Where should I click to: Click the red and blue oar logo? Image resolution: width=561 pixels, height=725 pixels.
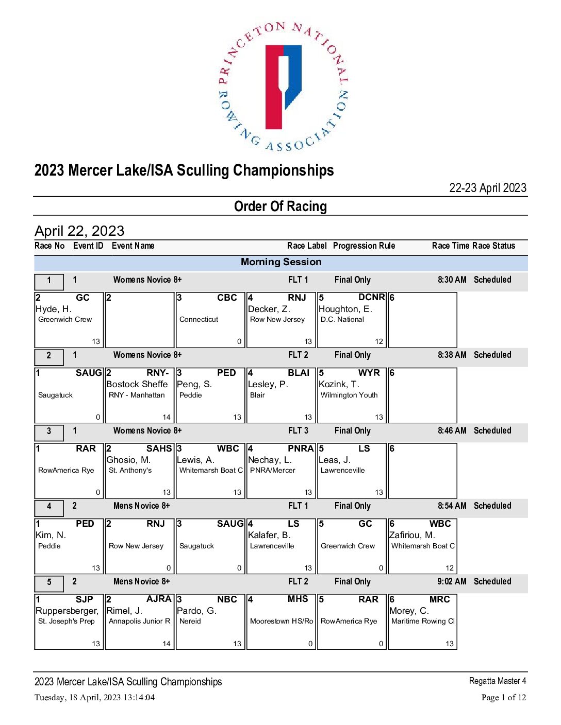click(x=283, y=87)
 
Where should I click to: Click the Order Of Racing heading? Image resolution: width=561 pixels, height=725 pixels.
click(x=280, y=206)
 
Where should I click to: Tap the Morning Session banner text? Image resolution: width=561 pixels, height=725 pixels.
click(x=281, y=262)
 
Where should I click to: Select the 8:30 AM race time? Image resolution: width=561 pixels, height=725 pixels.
click(x=452, y=280)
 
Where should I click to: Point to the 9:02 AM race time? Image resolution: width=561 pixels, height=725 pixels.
click(x=452, y=581)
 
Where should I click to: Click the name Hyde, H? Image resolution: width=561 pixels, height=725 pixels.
click(x=54, y=309)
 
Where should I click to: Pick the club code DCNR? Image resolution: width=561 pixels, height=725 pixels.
click(x=371, y=298)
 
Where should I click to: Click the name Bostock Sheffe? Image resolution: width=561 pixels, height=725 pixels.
click(x=137, y=384)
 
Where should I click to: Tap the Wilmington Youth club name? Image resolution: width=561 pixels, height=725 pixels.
click(x=349, y=395)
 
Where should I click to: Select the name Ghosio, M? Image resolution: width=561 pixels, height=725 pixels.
click(x=128, y=460)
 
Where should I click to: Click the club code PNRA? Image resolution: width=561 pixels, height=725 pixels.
click(x=301, y=448)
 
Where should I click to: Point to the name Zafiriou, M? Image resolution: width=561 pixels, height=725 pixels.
click(x=412, y=535)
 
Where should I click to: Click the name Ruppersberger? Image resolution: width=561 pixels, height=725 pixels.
click(x=67, y=611)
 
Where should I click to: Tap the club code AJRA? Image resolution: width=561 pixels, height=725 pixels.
click(x=159, y=599)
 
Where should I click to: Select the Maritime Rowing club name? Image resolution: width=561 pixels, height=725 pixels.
click(x=423, y=621)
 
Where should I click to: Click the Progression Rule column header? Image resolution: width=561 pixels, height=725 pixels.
click(x=364, y=246)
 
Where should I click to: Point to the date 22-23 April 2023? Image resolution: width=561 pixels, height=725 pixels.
click(x=488, y=188)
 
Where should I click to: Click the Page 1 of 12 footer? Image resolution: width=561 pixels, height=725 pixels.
click(x=503, y=698)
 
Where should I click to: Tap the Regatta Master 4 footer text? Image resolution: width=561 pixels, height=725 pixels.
click(x=497, y=681)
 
